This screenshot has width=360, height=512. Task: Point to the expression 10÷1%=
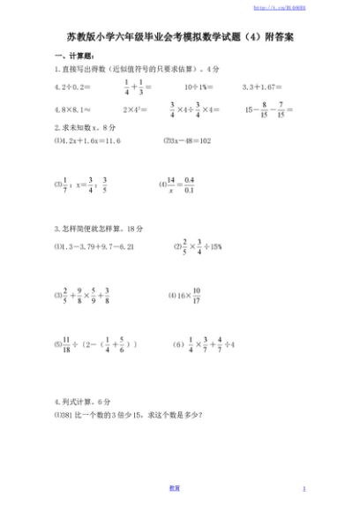point(201,87)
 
